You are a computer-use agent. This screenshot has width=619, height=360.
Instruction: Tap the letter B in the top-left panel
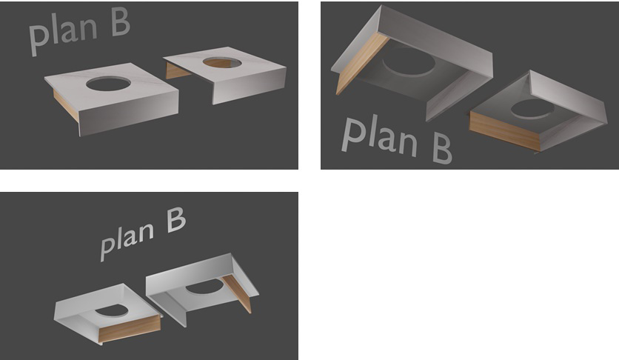click(x=121, y=21)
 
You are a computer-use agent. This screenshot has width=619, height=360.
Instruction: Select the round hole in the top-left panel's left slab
click(x=108, y=84)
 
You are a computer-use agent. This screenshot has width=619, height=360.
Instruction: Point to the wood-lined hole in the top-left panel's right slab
click(x=222, y=62)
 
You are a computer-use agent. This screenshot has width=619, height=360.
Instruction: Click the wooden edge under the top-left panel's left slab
click(x=66, y=104)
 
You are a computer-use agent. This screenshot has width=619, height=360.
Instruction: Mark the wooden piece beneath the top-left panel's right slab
click(x=177, y=71)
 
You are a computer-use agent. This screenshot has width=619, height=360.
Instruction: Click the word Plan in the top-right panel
click(x=379, y=136)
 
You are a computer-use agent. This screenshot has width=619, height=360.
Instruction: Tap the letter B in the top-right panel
click(x=442, y=148)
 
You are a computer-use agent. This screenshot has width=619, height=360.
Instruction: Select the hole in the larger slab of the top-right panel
click(x=409, y=63)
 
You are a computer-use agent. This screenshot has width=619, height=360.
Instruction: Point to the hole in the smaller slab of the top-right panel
click(x=532, y=109)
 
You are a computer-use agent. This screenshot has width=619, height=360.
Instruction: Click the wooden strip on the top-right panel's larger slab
click(x=361, y=63)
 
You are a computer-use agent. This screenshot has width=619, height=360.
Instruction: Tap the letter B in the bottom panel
click(x=176, y=220)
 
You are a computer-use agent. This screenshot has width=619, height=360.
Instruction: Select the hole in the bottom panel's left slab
click(x=111, y=310)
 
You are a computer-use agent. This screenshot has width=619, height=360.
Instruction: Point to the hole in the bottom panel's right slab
click(x=204, y=287)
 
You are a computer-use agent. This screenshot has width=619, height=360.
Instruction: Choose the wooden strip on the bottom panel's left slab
click(x=130, y=328)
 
